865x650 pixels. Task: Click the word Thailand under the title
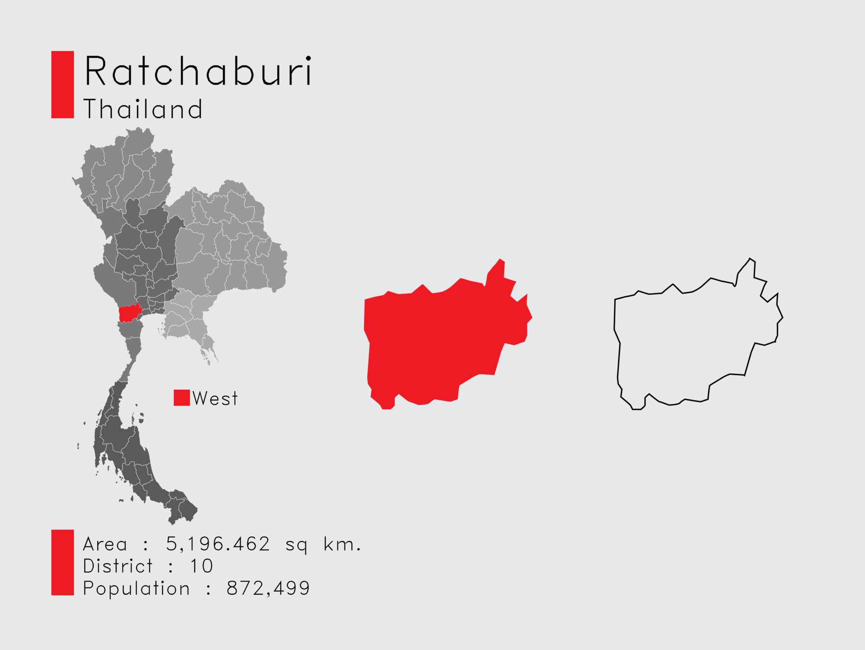[143, 109]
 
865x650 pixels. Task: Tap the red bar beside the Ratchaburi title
[62, 85]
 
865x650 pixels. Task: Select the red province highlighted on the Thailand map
[129, 313]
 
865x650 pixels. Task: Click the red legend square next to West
[182, 398]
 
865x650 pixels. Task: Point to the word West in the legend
[215, 398]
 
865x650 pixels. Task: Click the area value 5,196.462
[218, 544]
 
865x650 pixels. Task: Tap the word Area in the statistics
[105, 544]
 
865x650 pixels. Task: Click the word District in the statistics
[118, 566]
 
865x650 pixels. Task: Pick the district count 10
[201, 566]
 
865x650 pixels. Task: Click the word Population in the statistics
[136, 588]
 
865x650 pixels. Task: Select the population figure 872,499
[268, 588]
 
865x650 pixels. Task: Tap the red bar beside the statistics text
[62, 563]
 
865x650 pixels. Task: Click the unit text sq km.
[323, 544]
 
